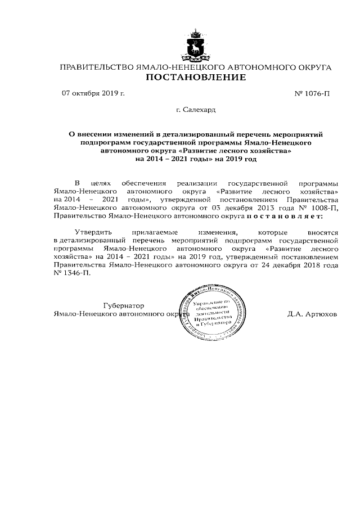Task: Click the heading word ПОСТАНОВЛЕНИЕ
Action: pos(196,78)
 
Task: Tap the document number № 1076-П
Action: pos(312,93)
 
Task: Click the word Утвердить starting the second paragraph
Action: pos(93,232)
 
